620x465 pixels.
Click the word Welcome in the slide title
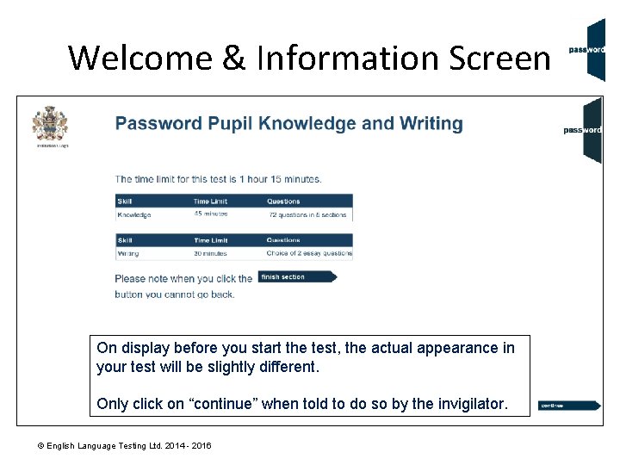tap(139, 58)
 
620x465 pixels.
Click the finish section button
tap(297, 277)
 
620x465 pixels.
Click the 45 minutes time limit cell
tap(210, 214)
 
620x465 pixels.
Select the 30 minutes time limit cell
tap(210, 254)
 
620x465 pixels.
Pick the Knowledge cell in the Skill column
tap(134, 214)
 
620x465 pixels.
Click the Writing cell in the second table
tap(128, 254)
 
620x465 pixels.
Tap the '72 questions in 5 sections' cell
tap(307, 214)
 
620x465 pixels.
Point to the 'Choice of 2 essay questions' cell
tap(309, 254)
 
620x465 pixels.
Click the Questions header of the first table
tap(283, 201)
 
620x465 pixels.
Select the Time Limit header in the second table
tap(212, 240)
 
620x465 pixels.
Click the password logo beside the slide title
tap(586, 49)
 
